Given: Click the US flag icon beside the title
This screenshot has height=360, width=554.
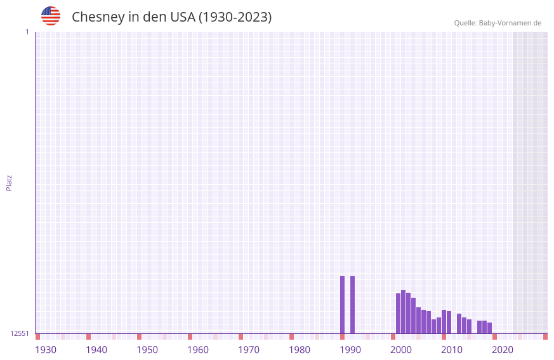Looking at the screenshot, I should click(x=51, y=16).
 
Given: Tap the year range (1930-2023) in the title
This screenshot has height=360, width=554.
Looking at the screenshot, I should click(x=235, y=17).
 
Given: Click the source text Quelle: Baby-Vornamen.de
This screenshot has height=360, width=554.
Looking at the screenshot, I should click(x=498, y=23).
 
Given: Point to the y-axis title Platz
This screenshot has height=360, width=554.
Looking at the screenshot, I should click(x=9, y=182).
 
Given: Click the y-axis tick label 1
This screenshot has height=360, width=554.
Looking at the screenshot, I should click(x=27, y=32).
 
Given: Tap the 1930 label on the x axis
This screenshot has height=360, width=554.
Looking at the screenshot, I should click(x=46, y=350).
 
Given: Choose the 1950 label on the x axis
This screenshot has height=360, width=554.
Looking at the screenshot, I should click(x=147, y=350).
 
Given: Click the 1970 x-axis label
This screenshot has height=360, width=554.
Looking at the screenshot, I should click(x=249, y=350).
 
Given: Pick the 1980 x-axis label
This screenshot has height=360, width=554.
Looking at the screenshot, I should click(x=300, y=350).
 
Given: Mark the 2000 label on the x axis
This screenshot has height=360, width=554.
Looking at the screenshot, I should click(x=401, y=350).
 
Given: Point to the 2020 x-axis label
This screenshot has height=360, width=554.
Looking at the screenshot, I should click(x=503, y=350).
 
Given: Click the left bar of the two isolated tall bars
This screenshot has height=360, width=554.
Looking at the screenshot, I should click(x=343, y=305).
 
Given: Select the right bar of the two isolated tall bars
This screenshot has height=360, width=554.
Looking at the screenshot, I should click(x=353, y=305).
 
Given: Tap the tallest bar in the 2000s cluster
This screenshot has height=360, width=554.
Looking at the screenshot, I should click(x=404, y=312).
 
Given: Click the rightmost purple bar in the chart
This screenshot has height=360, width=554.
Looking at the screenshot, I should click(x=490, y=328).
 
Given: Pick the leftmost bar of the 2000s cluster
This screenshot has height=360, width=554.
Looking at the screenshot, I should click(x=399, y=313).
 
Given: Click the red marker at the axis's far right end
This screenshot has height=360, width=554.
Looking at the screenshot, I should click(x=545, y=337).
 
